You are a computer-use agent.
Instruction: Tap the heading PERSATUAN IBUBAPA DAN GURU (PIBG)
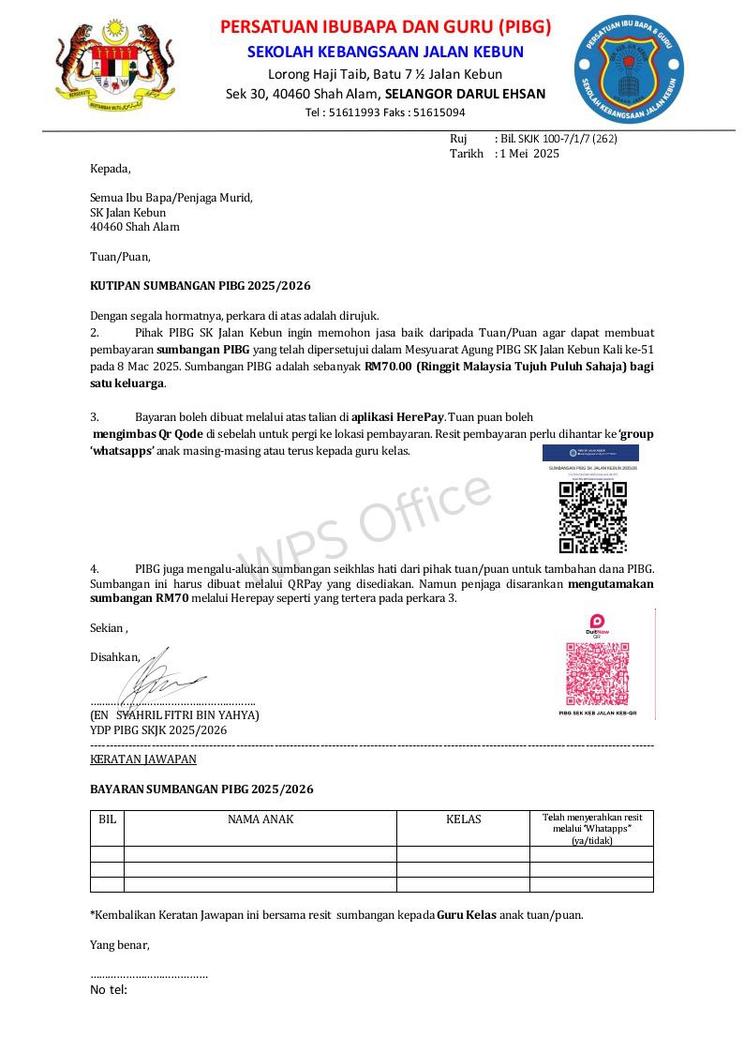click(385, 26)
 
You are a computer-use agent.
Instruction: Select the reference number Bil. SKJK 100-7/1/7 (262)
click(558, 139)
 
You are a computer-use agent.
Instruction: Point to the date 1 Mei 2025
click(529, 154)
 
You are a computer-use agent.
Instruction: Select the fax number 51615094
click(439, 113)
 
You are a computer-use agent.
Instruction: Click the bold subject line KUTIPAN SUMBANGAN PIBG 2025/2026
click(200, 285)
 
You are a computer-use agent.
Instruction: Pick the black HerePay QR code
click(592, 518)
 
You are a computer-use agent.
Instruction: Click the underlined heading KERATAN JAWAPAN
click(143, 759)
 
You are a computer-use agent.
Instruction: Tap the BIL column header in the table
click(108, 819)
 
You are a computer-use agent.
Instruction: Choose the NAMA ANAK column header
click(260, 819)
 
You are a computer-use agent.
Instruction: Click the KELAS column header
click(463, 819)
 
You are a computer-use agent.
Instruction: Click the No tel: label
click(109, 990)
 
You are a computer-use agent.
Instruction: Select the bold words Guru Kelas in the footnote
click(466, 914)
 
